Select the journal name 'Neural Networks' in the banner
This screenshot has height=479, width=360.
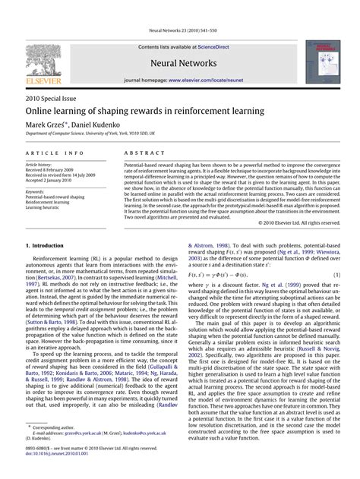178,66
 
